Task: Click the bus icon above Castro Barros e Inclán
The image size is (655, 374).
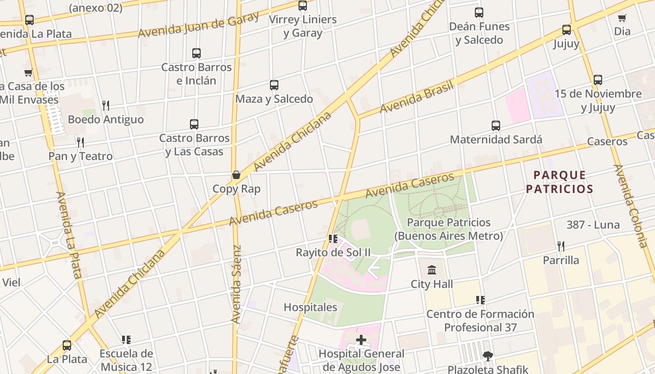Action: [x=196, y=53]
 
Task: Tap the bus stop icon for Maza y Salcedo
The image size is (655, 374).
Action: [x=274, y=85]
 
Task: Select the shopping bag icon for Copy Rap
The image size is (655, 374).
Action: [x=236, y=175]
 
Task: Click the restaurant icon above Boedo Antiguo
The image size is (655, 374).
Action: [x=106, y=106]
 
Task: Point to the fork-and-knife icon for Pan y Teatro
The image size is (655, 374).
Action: [x=80, y=142]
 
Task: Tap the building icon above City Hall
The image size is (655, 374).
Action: [x=432, y=270]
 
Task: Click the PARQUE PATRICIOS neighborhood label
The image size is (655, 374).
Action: [x=560, y=182]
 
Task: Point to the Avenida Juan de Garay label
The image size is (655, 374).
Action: [x=198, y=25]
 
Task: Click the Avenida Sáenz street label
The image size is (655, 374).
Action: [x=237, y=284]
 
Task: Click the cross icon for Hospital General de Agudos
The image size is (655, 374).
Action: [x=361, y=339]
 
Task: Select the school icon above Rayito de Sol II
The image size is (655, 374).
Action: [x=333, y=239]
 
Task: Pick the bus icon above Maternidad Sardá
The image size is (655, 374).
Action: [x=496, y=126]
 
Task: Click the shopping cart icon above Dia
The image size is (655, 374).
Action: [x=622, y=18]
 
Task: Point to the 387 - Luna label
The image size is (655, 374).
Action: [x=593, y=225]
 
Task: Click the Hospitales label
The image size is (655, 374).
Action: [x=310, y=307]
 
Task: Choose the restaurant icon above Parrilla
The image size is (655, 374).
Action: [x=560, y=246]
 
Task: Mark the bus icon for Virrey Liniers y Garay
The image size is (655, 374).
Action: [x=303, y=6]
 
